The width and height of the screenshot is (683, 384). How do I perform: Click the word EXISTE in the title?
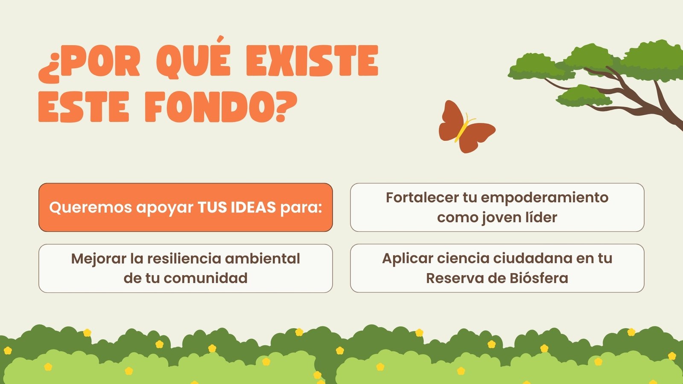tap(312, 61)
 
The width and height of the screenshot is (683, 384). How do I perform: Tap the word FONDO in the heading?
tap(205, 107)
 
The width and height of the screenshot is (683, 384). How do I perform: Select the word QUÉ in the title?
tap(194, 58)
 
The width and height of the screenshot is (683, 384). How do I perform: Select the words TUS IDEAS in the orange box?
tap(237, 207)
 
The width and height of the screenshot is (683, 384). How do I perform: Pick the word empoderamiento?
tap(545, 198)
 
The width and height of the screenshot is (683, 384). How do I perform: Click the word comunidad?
tap(205, 278)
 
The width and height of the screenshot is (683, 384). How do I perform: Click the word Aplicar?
tap(408, 259)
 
